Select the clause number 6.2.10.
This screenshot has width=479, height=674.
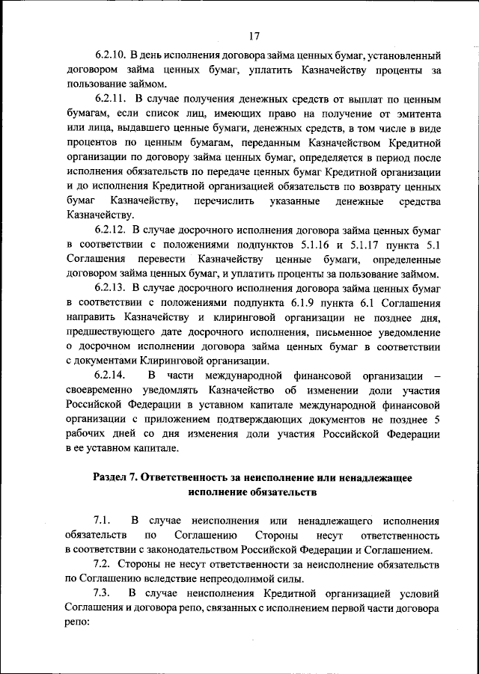pyautogui.click(x=109, y=55)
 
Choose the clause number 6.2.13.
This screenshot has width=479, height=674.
pyautogui.click(x=109, y=287)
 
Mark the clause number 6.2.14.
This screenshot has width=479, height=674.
pyautogui.click(x=109, y=375)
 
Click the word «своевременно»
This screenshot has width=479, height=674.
pyautogui.click(x=100, y=390)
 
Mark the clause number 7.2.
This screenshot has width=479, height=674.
pyautogui.click(x=103, y=564)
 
